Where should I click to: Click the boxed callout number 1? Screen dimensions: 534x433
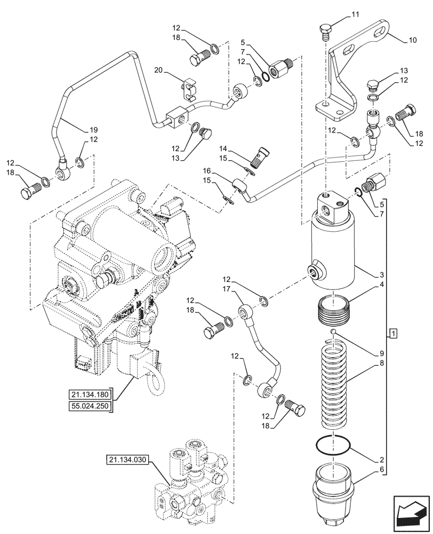[x=394, y=334]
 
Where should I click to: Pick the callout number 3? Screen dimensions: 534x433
[x=382, y=275]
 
